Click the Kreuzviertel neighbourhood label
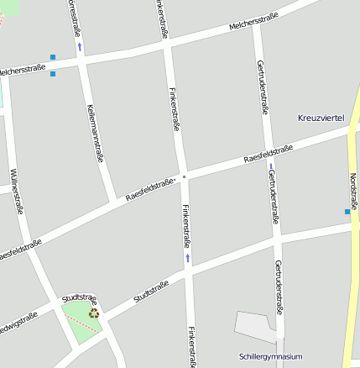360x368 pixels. pos(321,118)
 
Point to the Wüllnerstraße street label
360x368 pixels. pos(14,192)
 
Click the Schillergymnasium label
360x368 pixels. pos(269,356)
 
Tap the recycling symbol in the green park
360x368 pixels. pos(94,313)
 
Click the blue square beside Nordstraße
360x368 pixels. pos(347,212)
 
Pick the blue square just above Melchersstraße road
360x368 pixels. pos(53,57)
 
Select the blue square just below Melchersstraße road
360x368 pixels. pos(53,74)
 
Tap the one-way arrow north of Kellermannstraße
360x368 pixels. pos(81,46)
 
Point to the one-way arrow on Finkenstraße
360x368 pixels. pos(188,257)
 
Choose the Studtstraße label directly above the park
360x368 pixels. pos(80,298)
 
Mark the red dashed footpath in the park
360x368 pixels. pos(81,321)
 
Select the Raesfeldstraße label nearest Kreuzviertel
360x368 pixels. pos(268,154)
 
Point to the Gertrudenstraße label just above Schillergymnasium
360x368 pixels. pos(279,286)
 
